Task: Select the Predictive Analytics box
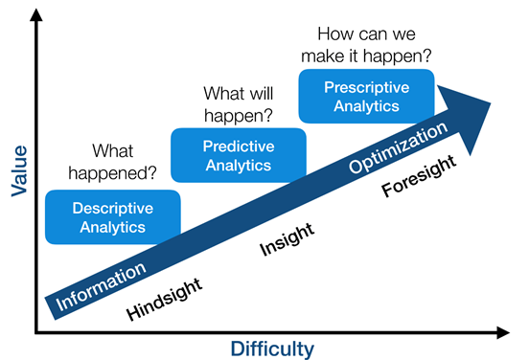pos(238,155)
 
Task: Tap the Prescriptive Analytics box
pos(367,96)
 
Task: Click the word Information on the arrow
pos(102,284)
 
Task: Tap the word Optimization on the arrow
pos(398,146)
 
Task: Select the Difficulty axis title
pos(272,347)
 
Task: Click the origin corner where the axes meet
pos(35,333)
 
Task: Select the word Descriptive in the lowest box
pos(113,207)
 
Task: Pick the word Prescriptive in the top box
pos(367,87)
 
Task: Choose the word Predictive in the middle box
pos(238,146)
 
